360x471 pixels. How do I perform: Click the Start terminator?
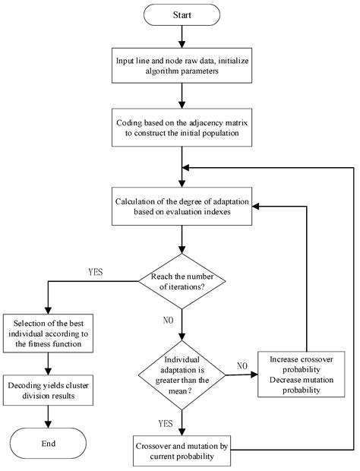click(x=181, y=15)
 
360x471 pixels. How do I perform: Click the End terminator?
click(x=48, y=442)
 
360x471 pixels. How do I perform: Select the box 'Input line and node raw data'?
click(x=181, y=65)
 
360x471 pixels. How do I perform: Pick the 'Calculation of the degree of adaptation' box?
click(x=181, y=206)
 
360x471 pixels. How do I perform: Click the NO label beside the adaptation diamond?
click(x=241, y=365)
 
